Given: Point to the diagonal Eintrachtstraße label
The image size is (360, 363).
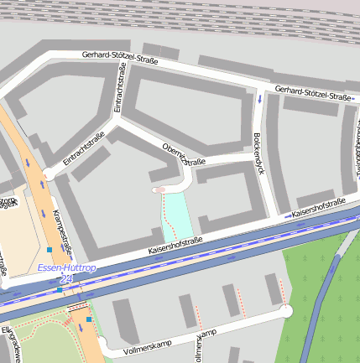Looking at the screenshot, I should [83, 148].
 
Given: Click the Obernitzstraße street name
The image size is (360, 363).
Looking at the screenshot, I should [183, 153].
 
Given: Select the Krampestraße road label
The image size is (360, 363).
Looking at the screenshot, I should [62, 231].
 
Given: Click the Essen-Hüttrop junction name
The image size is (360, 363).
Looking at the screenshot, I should [67, 267].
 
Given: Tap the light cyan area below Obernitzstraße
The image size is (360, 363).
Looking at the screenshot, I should [177, 214].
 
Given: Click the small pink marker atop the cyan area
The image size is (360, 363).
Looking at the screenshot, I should [159, 190].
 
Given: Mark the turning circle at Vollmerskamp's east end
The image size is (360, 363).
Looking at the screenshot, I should [287, 311].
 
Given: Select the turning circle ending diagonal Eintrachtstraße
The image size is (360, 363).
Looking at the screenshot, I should [49, 174].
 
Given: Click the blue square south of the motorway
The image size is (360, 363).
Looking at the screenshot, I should [88, 319].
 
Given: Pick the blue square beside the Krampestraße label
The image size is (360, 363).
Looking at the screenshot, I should [50, 249].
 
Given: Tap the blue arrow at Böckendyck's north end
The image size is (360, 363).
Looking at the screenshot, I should [260, 99].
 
